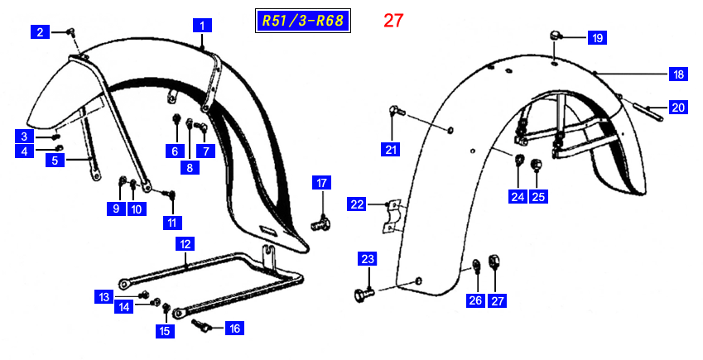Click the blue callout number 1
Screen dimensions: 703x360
(202, 26)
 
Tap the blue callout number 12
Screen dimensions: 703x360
(185, 244)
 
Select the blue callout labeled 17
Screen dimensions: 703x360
(322, 182)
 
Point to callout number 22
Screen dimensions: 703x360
(357, 204)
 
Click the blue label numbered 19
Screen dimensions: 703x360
(598, 38)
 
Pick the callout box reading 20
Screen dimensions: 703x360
(678, 107)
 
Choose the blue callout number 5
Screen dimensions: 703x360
(55, 160)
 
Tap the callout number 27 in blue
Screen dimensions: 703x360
(497, 300)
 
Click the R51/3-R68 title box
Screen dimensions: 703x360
(302, 21)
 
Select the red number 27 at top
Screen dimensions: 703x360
(393, 21)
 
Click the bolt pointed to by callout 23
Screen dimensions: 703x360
(364, 295)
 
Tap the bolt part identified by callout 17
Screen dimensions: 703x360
(320, 223)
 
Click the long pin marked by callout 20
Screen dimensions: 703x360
(648, 111)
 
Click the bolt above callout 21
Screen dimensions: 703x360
(397, 110)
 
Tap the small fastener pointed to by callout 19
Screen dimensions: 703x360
(556, 35)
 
